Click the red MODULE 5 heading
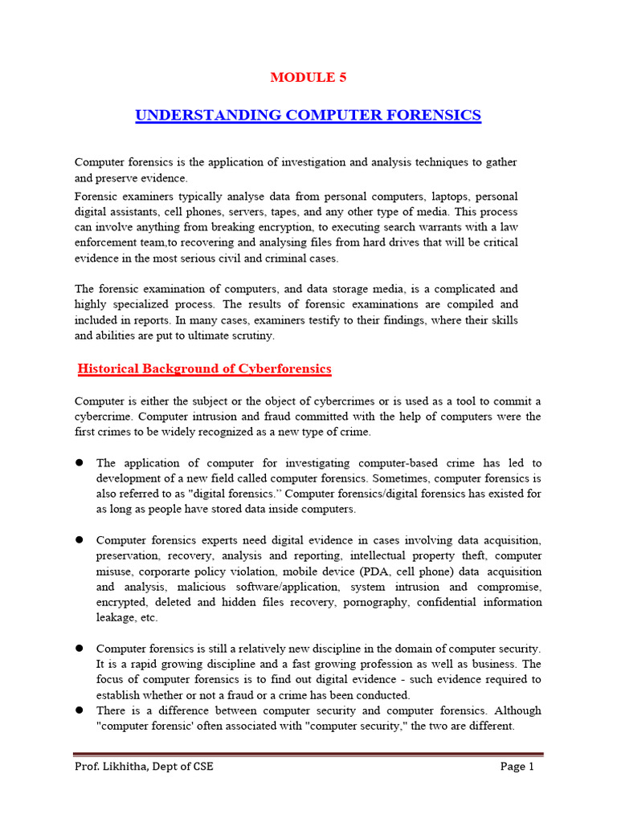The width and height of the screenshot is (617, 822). click(308, 78)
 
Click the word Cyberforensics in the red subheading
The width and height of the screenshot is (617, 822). click(288, 369)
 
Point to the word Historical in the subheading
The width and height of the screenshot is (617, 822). click(110, 369)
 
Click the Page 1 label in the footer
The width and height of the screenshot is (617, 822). click(517, 767)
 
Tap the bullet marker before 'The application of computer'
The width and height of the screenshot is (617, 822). click(80, 463)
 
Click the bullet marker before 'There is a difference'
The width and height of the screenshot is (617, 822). click(80, 710)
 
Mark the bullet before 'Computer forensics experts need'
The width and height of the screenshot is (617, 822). click(80, 540)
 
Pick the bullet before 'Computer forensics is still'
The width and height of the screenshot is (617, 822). click(80, 649)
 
